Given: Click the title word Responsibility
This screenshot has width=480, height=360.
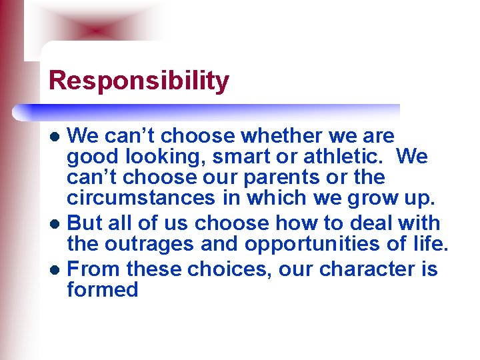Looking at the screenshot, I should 139,81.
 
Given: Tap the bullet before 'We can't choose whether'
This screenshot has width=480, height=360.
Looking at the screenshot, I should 57,137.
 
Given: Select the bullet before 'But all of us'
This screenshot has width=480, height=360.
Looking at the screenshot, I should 57,223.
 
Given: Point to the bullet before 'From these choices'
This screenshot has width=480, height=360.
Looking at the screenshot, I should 57,270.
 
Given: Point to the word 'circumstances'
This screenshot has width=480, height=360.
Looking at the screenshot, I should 141,198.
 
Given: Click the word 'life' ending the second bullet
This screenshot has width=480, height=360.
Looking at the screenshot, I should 427,243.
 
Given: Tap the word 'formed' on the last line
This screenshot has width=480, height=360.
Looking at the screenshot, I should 103,290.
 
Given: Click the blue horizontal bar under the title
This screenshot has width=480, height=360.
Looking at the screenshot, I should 213,111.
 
